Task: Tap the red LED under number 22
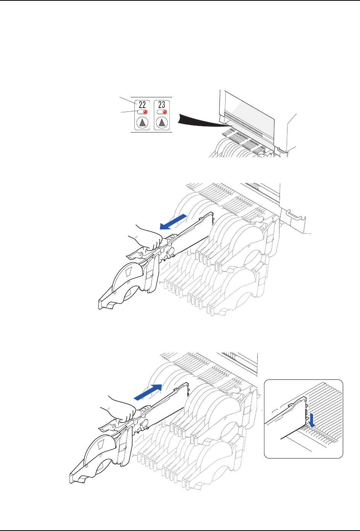[145, 112]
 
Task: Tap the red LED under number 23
[165, 112]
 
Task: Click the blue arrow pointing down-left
[173, 222]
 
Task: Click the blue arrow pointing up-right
[149, 392]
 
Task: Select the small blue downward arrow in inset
[312, 418]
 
